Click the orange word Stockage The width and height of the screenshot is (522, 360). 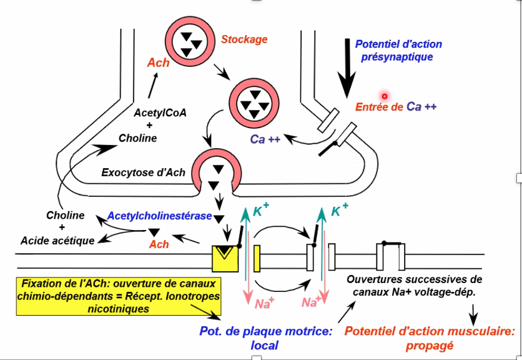[x=244, y=39]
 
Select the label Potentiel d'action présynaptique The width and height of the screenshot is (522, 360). [x=398, y=50]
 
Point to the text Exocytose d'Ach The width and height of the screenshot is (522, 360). [x=143, y=172]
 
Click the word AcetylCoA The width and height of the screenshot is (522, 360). [x=160, y=113]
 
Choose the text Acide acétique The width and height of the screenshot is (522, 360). [x=57, y=240]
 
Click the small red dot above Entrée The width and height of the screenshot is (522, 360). [x=385, y=96]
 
